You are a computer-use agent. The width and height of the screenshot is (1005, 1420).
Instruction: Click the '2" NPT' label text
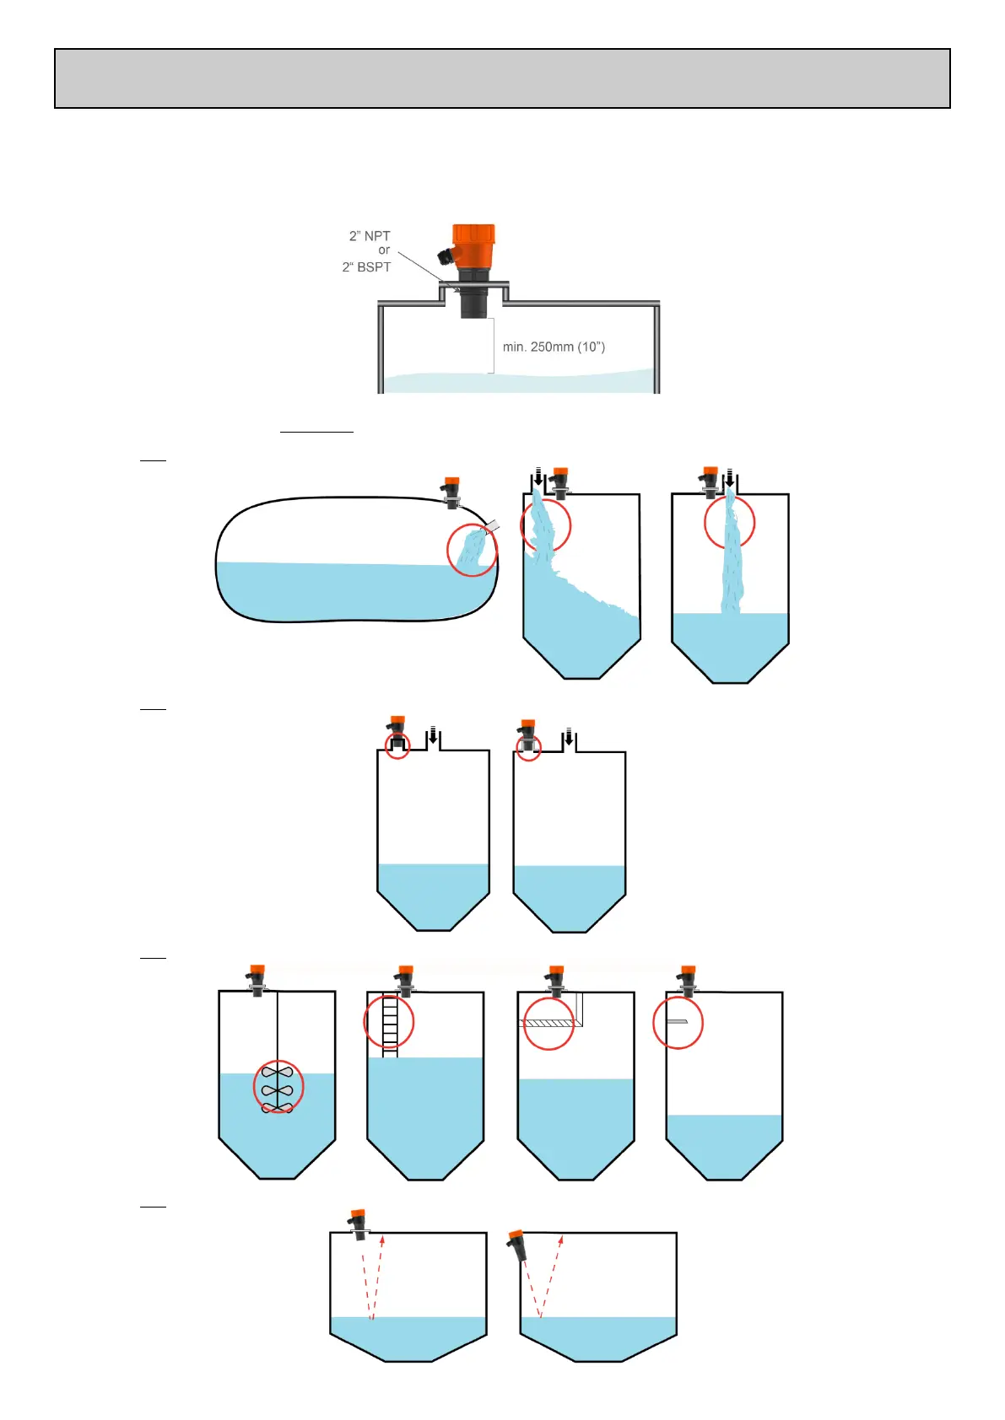tap(370, 236)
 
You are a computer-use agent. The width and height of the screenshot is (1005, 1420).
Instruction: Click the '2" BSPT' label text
tap(366, 267)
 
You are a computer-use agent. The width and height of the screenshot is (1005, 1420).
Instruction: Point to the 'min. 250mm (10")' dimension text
tap(554, 347)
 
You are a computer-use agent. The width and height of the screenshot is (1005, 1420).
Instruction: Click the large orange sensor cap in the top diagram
tap(473, 244)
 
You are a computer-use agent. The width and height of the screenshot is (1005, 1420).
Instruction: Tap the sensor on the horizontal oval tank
tap(451, 492)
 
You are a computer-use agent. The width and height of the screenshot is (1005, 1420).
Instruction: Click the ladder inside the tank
tap(390, 1025)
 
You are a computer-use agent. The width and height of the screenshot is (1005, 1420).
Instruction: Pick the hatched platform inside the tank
tap(547, 1023)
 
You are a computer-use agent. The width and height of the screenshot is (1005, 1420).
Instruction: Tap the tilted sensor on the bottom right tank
tap(516, 1245)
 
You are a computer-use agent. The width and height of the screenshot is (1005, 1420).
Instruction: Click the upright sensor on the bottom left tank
tap(359, 1224)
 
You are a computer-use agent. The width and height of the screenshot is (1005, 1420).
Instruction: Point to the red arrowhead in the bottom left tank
tap(382, 1240)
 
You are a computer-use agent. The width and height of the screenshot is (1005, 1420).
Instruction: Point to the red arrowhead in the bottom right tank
tap(560, 1240)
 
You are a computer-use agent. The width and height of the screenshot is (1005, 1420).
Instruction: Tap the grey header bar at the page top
tap(502, 78)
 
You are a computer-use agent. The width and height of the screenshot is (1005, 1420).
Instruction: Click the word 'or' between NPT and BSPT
tap(384, 250)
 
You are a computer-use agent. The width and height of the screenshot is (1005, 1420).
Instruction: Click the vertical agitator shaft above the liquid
tap(278, 1029)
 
